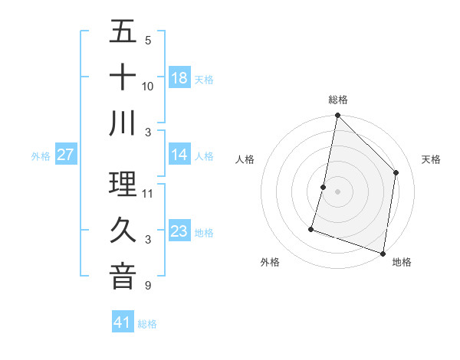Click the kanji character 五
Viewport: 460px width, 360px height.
tap(123, 32)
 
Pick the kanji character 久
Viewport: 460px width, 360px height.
tap(123, 231)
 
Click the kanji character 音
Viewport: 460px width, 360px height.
tap(123, 277)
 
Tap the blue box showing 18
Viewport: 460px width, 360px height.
tap(179, 78)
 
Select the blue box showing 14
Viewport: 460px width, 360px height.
tap(179, 155)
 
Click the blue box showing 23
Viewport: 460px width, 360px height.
tap(179, 231)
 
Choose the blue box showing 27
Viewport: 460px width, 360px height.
tap(65, 155)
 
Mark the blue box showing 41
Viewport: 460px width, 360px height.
tap(123, 322)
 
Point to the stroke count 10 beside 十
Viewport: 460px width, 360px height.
tap(148, 87)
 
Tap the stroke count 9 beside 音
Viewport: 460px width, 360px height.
tap(148, 286)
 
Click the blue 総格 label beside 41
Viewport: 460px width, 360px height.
tap(147, 324)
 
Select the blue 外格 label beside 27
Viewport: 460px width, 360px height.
tap(41, 155)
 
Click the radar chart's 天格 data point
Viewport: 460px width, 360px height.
tap(396, 172)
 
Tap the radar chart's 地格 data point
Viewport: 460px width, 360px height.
tap(383, 253)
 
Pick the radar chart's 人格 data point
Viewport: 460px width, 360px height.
tap(324, 187)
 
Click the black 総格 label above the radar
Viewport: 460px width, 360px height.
tap(338, 100)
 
